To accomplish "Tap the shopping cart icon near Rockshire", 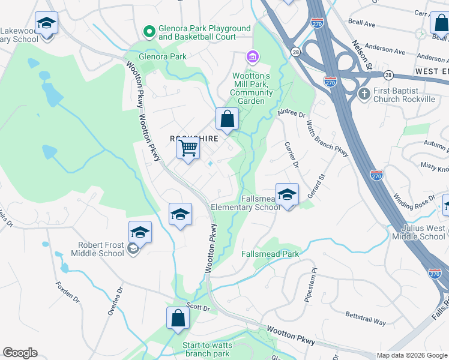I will tap(189, 147).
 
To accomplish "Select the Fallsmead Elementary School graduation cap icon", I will tap(288, 194).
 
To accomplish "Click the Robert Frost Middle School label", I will tap(101, 249).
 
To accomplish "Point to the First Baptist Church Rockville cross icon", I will tap(363, 94).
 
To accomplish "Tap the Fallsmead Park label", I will tap(270, 254).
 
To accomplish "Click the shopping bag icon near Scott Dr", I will tap(178, 318).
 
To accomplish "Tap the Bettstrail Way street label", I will tap(364, 318).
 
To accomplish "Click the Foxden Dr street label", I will tap(67, 291).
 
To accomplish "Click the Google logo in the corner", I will tap(20, 353).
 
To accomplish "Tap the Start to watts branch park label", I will tap(206, 349).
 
